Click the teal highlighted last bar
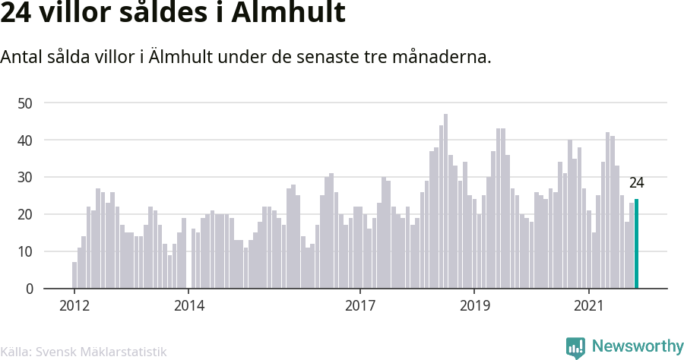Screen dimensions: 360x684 (x=636, y=244)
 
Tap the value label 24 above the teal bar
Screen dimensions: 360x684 (x=636, y=183)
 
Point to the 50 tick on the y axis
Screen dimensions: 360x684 (x=27, y=103)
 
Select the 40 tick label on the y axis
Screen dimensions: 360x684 (x=27, y=140)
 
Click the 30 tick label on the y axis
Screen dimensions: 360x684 (x=27, y=177)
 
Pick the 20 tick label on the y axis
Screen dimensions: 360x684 (x=27, y=214)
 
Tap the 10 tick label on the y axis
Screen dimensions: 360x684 (x=27, y=251)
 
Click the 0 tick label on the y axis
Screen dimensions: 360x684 (x=30, y=289)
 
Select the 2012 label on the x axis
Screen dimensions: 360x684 (x=74, y=306)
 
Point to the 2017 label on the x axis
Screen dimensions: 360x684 (x=360, y=306)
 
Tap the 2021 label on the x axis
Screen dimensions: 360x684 (x=589, y=306)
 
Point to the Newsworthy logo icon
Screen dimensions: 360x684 (x=575, y=347)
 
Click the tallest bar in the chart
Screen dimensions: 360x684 (x=445, y=201)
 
